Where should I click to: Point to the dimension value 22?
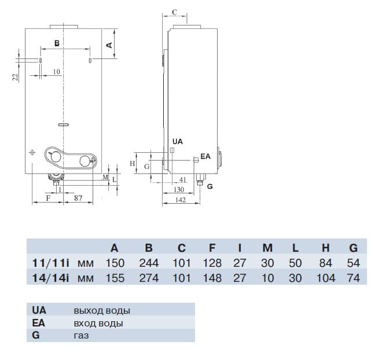[16, 75]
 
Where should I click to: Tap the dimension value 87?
[78, 198]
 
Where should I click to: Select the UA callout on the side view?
[178, 141]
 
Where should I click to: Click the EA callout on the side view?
[205, 156]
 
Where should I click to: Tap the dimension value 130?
[179, 189]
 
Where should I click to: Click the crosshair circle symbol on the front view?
[31, 152]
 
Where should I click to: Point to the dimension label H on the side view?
[133, 164]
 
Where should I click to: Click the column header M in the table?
[267, 248]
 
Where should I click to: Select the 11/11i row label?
[51, 263]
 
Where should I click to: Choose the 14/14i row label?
[51, 278]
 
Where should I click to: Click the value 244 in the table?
[149, 263]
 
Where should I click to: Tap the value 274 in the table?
[149, 278]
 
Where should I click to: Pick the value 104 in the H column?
[326, 278]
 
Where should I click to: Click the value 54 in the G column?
[353, 263]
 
